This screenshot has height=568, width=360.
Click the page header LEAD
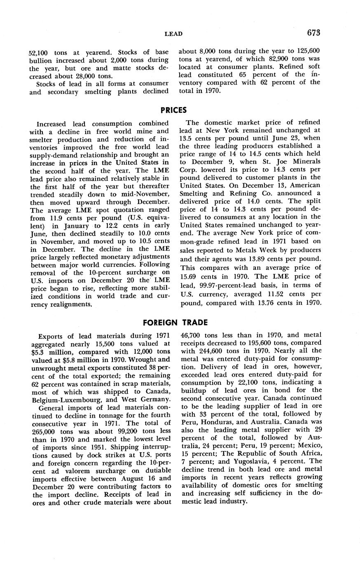point(173,34)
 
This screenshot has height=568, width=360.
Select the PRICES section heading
point(173,110)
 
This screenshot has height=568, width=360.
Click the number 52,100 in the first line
point(39,53)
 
